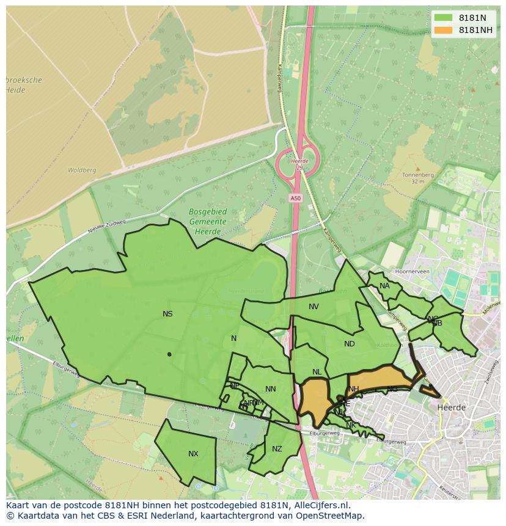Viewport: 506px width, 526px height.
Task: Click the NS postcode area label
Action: [167, 314]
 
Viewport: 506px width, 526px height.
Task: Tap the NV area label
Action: [313, 307]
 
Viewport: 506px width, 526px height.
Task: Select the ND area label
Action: [350, 344]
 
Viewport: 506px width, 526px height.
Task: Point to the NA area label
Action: [384, 286]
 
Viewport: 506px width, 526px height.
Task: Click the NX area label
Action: [193, 454]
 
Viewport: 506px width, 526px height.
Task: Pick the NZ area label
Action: [277, 449]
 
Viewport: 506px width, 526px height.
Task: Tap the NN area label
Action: [271, 389]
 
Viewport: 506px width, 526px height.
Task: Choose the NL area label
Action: [317, 372]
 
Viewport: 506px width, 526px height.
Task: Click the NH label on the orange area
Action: [354, 389]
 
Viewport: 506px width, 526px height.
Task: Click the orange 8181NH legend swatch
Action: [444, 30]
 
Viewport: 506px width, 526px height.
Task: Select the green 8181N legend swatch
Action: [444, 18]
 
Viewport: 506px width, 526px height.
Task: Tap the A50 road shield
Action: [296, 198]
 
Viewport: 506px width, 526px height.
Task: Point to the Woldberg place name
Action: [82, 170]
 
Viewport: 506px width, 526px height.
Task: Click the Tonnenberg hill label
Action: [417, 175]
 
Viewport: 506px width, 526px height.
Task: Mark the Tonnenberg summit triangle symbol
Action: [417, 168]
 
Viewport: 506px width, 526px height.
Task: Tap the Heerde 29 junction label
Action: [299, 164]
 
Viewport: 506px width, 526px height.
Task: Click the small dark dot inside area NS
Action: [169, 354]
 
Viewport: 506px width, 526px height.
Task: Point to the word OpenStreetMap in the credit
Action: [331, 516]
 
